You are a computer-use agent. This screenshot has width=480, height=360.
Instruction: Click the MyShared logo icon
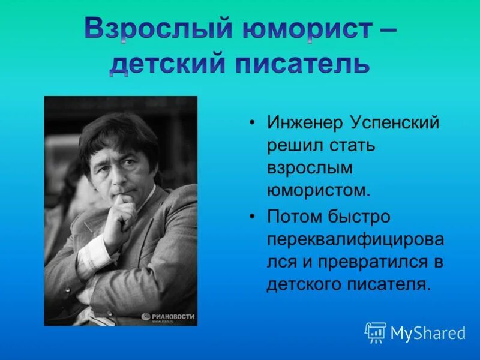tap(375, 332)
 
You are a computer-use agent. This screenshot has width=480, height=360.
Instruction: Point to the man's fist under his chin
tap(125, 209)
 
